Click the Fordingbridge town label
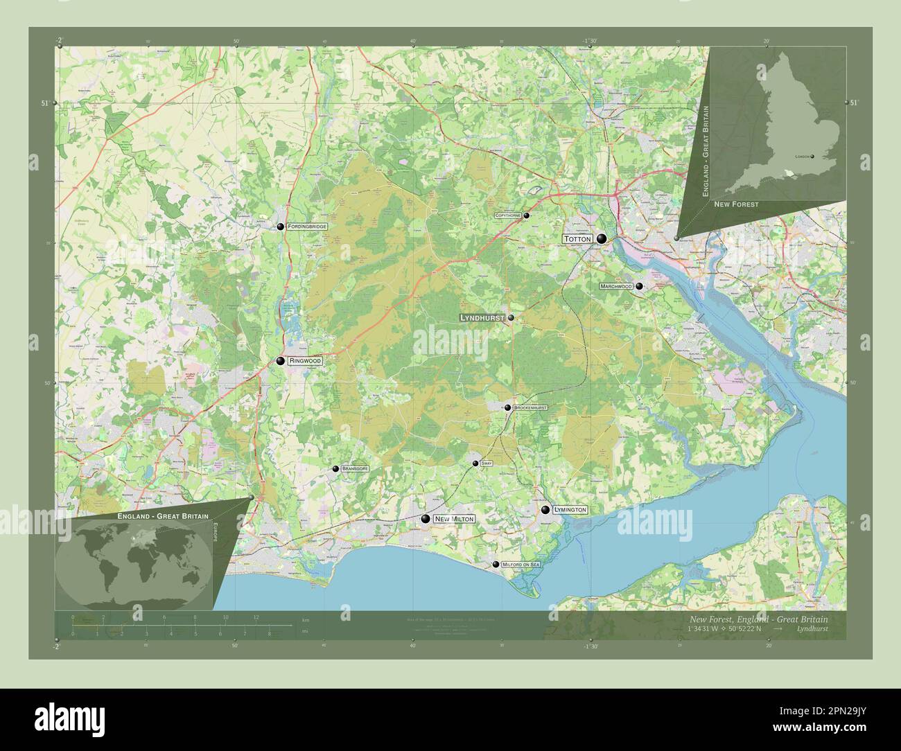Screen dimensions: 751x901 coord(308,227)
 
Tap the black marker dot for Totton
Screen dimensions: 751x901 coord(602,239)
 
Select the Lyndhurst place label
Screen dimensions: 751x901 coord(482,318)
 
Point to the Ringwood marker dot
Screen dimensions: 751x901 coord(280,361)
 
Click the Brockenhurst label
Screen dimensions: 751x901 coord(531,408)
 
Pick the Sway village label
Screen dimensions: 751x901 coord(487,463)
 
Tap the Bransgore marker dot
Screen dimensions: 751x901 coord(335,469)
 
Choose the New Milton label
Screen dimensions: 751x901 coord(454,519)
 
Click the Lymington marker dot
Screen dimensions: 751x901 coord(545,510)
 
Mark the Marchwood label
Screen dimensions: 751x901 coord(617,286)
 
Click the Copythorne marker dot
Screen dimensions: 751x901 coord(526,215)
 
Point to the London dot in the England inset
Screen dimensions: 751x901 coord(813,157)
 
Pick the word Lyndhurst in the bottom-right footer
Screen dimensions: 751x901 coord(812,629)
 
